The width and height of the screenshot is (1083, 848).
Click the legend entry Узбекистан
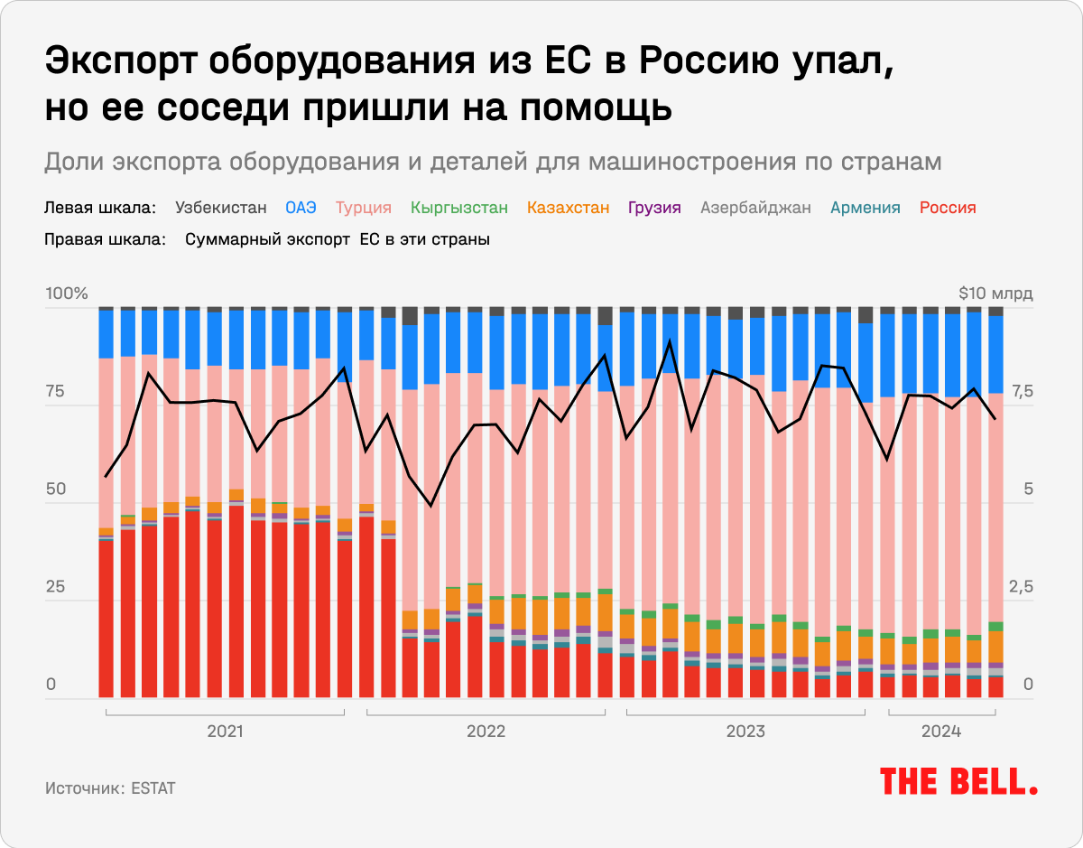pos(221,208)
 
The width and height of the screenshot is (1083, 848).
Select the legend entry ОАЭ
pos(301,208)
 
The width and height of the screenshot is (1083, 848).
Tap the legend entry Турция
pos(363,208)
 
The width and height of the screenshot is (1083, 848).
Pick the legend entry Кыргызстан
pos(459,208)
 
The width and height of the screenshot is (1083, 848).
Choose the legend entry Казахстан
pos(568,208)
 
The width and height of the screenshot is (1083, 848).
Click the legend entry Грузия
pos(654,208)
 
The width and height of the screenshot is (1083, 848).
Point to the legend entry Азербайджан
pos(755,208)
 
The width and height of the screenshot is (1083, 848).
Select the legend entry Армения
pos(865,208)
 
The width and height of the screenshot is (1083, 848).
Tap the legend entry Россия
pos(948,208)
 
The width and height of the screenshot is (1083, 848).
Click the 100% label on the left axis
pos(67,294)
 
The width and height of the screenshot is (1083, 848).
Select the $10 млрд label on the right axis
pos(995,294)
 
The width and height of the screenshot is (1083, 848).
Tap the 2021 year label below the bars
pos(225,731)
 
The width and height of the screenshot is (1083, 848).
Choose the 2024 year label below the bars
pos(941,731)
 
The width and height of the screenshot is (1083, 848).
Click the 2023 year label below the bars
pos(745,731)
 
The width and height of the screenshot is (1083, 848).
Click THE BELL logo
pos(958,781)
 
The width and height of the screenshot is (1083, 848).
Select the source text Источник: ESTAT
pos(110,788)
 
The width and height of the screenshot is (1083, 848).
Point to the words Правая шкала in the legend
pos(105,240)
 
